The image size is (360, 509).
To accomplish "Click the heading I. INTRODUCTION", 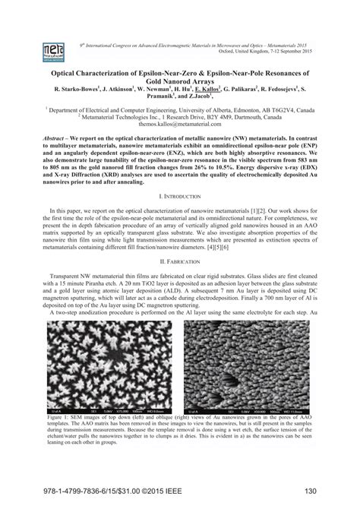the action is tap(179, 194).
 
